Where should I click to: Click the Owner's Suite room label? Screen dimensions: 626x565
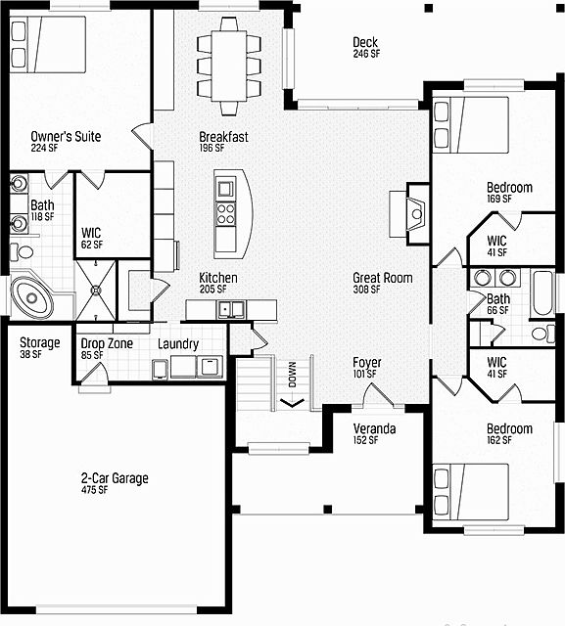coord(66,137)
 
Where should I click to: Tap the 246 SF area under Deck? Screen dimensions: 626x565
coord(366,54)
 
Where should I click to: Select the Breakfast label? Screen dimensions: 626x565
coord(223,137)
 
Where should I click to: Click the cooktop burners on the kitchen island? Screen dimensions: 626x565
coord(226,213)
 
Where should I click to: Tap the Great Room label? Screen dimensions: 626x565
coord(382,278)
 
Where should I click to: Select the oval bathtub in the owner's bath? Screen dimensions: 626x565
coord(31,294)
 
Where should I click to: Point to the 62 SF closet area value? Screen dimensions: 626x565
coord(92,245)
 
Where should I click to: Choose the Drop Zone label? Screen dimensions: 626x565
coord(107,343)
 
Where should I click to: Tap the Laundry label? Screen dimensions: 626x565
coord(178,343)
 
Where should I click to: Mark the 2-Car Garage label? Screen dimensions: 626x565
coord(115,478)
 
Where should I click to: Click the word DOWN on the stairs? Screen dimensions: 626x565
coord(292,373)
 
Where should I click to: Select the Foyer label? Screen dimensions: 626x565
coord(367,363)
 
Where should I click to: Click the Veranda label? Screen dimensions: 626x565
coord(375,428)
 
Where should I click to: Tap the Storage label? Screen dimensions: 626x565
coord(39,343)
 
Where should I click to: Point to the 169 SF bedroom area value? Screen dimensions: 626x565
coord(499,199)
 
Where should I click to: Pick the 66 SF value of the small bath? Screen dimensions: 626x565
coord(497,310)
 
